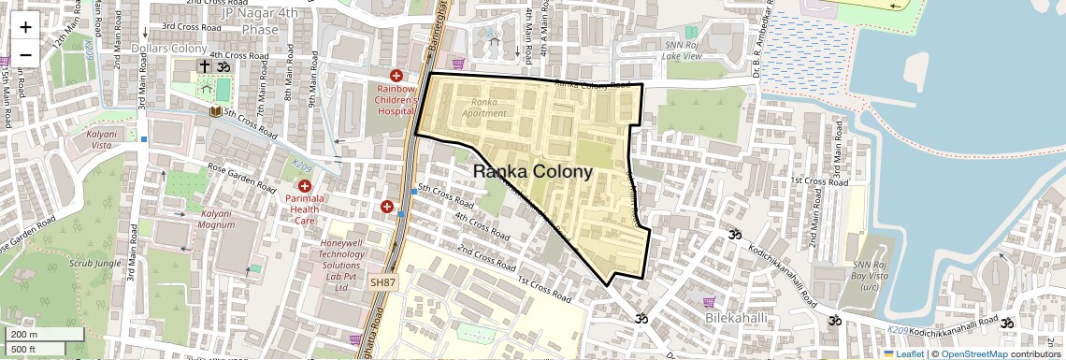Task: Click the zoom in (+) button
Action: click(25, 28)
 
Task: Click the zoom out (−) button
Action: click(25, 54)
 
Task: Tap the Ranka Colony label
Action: click(533, 172)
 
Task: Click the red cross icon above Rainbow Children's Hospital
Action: click(396, 75)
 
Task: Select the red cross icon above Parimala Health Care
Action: click(304, 185)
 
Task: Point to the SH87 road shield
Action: click(383, 281)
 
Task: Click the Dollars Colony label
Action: click(169, 49)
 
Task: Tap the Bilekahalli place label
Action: click(736, 319)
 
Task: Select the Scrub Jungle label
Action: click(95, 263)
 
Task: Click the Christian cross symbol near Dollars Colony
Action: click(203, 66)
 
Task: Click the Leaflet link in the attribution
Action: click(903, 353)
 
